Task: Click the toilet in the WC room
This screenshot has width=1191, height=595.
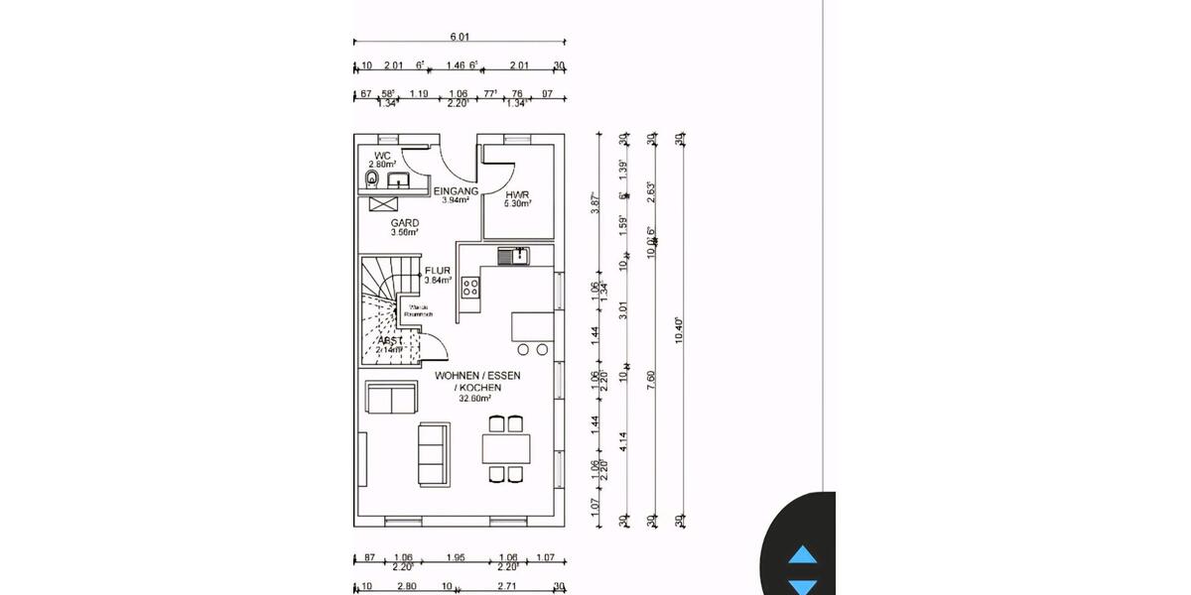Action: click(372, 178)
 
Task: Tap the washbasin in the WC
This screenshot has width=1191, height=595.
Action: click(400, 180)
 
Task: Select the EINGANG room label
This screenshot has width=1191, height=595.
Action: click(457, 190)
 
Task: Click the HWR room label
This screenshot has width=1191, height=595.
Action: click(517, 195)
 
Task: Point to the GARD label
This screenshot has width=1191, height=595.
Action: click(404, 223)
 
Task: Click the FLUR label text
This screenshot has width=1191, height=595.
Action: click(438, 270)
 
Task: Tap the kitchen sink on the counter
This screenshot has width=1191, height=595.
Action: click(513, 257)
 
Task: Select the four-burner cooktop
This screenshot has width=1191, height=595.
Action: click(471, 289)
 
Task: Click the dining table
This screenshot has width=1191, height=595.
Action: click(506, 449)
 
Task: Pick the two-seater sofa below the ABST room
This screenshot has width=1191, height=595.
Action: click(390, 397)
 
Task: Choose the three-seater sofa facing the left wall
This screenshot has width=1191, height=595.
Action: click(433, 453)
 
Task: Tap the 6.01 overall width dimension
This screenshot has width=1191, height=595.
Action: click(460, 37)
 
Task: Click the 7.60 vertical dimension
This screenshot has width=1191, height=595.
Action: click(651, 382)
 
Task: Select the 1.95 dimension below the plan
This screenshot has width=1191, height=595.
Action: click(456, 557)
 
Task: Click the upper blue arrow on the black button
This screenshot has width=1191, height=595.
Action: click(802, 555)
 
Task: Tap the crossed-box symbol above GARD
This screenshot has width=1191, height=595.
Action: click(383, 202)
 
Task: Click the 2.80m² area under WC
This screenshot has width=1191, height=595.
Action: click(383, 165)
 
